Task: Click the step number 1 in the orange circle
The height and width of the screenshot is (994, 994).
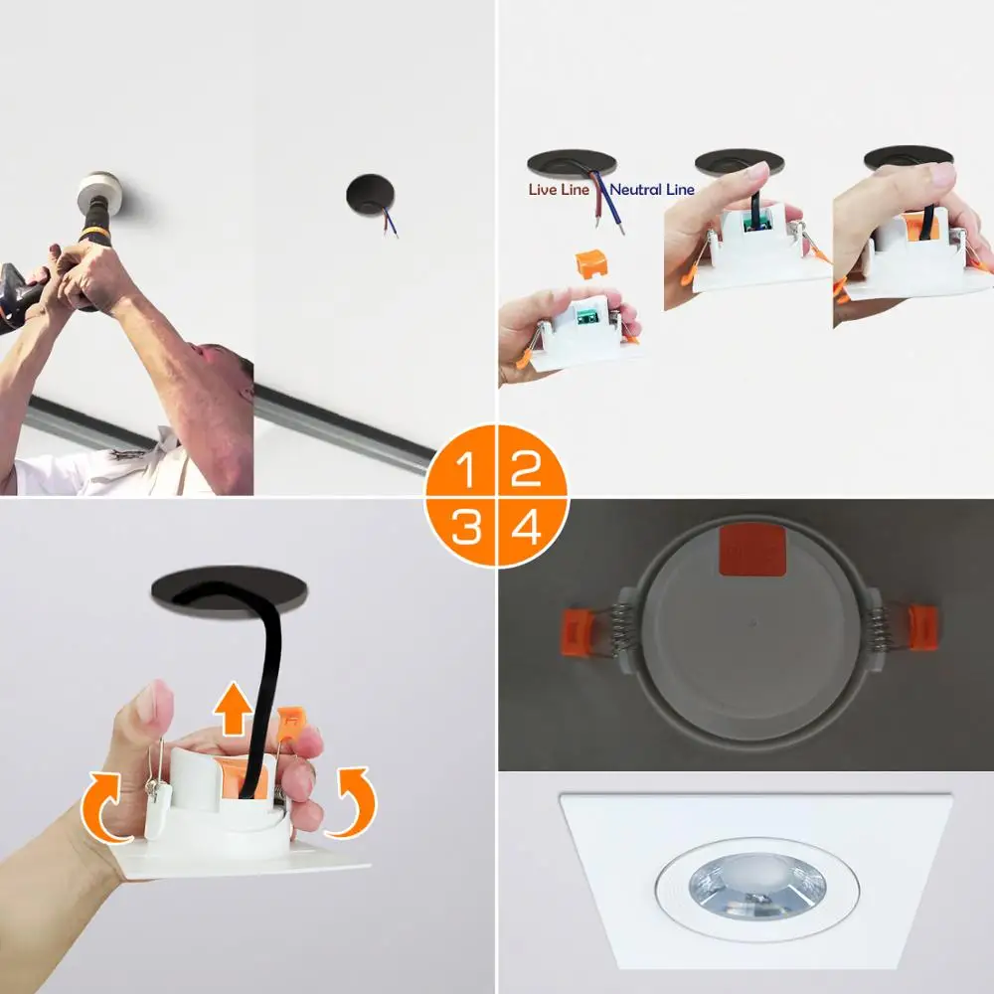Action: [x=466, y=469]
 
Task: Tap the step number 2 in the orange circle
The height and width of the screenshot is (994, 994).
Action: [x=526, y=469]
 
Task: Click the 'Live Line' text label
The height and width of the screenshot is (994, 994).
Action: [x=559, y=190]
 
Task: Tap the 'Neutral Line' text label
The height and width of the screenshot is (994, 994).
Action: [x=652, y=190]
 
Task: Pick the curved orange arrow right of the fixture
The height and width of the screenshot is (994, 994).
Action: [x=353, y=801]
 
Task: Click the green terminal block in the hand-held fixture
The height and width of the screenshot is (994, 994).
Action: [x=586, y=315]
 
